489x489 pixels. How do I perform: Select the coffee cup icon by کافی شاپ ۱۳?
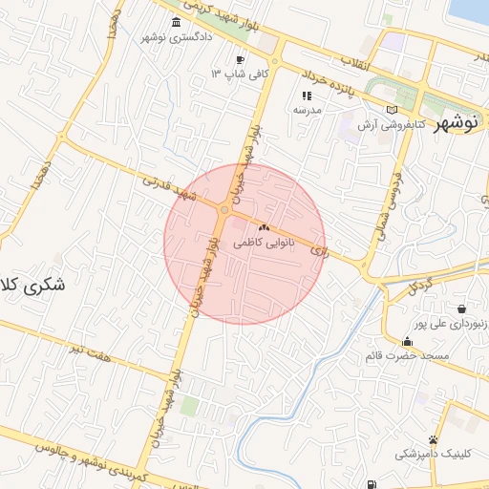click(240, 59)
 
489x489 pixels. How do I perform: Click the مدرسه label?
click(307, 110)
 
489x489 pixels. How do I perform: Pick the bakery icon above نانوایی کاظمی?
click(264, 229)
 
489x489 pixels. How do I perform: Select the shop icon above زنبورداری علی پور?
click(462, 308)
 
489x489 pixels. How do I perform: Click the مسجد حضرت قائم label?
click(406, 356)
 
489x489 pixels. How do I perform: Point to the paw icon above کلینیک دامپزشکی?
click(434, 440)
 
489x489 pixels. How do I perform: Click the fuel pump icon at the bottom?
click(371, 485)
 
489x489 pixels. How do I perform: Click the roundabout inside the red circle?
click(223, 210)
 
